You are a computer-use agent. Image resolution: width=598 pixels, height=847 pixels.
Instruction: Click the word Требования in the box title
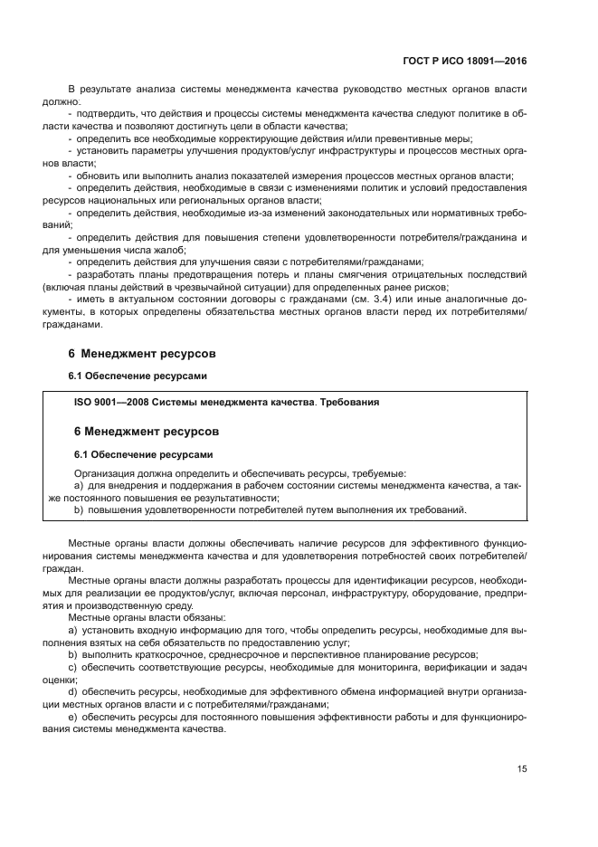point(346,402)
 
